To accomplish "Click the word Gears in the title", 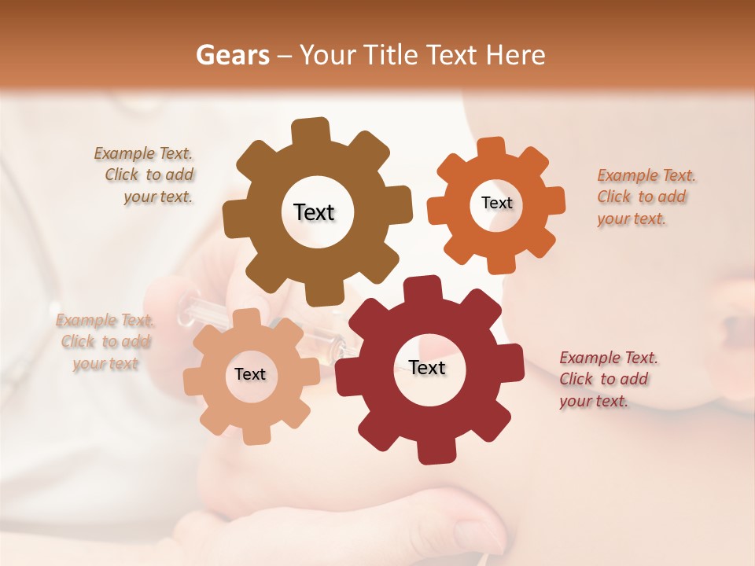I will pos(231,55).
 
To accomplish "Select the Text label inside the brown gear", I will pos(314,212).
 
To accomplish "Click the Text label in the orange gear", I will pos(496,203).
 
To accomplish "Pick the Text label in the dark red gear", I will pos(427,367).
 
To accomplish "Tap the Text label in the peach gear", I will pos(250,374).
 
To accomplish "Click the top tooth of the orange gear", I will pos(492,147).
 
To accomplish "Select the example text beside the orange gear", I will pos(646,197).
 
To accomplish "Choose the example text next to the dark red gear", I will pos(608,379).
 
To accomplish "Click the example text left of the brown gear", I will pos(145,175).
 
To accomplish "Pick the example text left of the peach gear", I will pos(105,341).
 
